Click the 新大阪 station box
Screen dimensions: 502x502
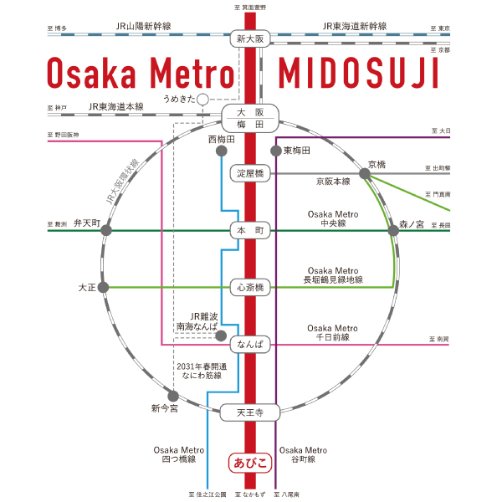click(250, 39)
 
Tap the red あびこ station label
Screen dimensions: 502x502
click(250, 461)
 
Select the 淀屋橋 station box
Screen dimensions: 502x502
click(250, 173)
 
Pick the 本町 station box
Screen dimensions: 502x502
click(250, 230)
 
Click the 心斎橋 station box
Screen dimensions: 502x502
click(250, 288)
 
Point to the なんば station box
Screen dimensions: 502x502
click(250, 344)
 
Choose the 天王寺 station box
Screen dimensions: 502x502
click(250, 412)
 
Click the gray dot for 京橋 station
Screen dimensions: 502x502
click(366, 173)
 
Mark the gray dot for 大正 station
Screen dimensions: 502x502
click(103, 287)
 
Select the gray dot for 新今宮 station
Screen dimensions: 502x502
click(172, 395)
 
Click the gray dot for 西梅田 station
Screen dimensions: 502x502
click(222, 151)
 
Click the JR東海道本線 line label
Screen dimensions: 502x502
click(116, 107)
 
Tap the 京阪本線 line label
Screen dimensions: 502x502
click(332, 181)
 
